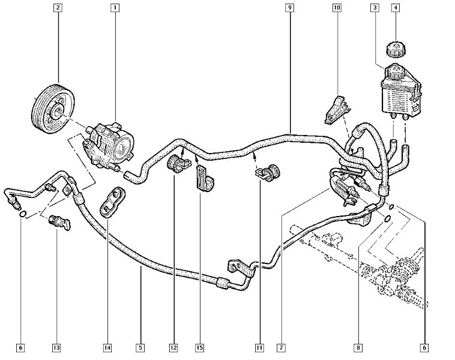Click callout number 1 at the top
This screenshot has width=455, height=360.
pyautogui.click(x=113, y=8)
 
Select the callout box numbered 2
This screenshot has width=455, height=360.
pyautogui.click(x=58, y=8)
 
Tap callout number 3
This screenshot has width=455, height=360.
pyautogui.click(x=374, y=8)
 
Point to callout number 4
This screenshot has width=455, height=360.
pyautogui.click(x=396, y=8)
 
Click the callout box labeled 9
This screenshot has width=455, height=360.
pyautogui.click(x=289, y=8)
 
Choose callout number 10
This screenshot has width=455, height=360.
pyautogui.click(x=336, y=8)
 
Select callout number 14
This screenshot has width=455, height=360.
pyautogui.click(x=107, y=347)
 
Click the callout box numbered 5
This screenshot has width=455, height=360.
pyautogui.click(x=140, y=347)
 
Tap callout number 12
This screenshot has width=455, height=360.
pyautogui.click(x=173, y=347)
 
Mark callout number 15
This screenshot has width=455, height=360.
pyautogui.click(x=199, y=347)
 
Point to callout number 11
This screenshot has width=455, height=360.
pyautogui.click(x=259, y=347)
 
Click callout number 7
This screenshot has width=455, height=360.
pyautogui.click(x=280, y=347)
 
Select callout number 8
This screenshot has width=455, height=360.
pyautogui.click(x=358, y=347)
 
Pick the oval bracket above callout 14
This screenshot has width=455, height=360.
pyautogui.click(x=113, y=201)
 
